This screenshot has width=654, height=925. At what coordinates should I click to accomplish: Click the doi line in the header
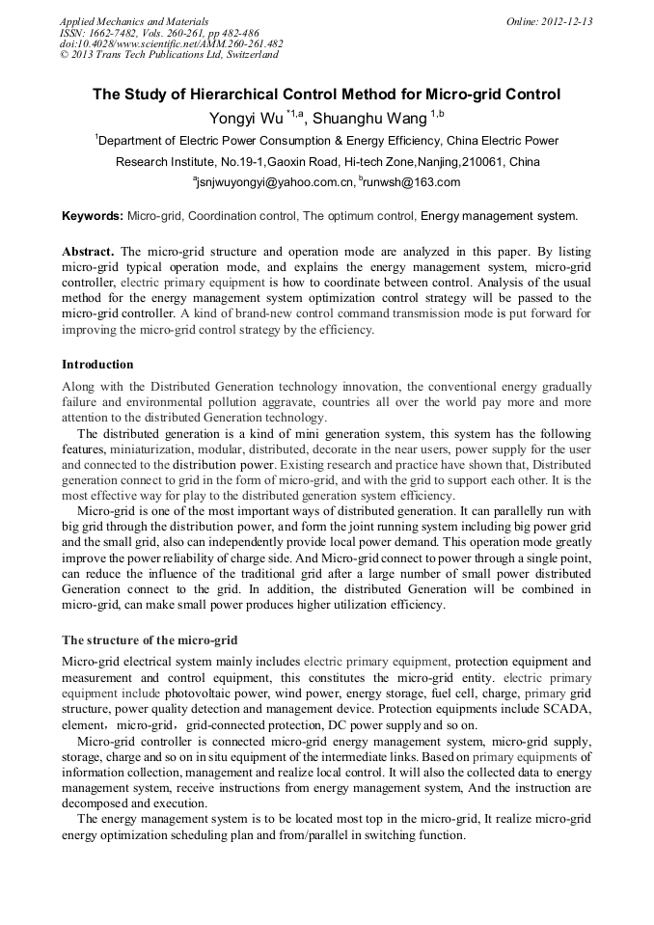pyautogui.click(x=171, y=43)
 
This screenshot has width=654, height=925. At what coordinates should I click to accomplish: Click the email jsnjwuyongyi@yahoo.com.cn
pyautogui.click(x=273, y=182)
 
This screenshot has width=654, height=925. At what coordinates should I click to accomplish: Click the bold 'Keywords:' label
pyautogui.click(x=93, y=215)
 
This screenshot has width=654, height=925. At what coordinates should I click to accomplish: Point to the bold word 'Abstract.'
pyautogui.click(x=89, y=251)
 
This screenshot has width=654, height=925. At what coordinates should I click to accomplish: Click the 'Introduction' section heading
pyautogui.click(x=97, y=365)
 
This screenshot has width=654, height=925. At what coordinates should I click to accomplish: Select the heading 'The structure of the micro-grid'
pyautogui.click(x=150, y=640)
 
